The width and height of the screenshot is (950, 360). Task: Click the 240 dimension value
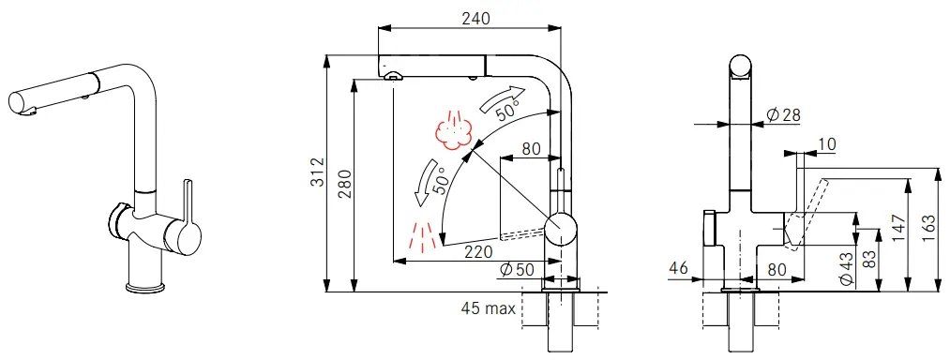(x=475, y=18)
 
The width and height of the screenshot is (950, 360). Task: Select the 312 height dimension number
(x=318, y=172)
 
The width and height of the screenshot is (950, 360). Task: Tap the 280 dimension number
(x=345, y=184)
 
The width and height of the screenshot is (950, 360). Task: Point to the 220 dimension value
(x=478, y=251)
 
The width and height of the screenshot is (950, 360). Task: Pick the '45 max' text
(x=489, y=309)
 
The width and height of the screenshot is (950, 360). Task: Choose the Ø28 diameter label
(x=783, y=115)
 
